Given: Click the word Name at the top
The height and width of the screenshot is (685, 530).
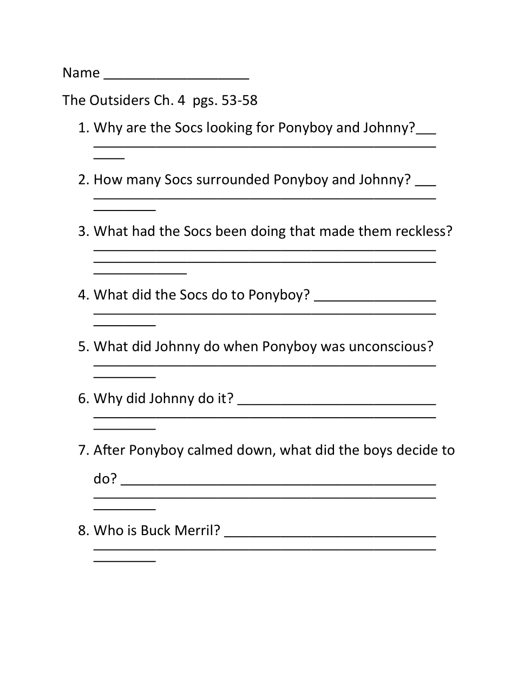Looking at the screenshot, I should coord(81,73).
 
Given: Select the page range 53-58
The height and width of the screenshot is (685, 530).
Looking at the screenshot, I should coord(240,100).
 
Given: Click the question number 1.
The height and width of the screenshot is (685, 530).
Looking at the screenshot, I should coord(83,128).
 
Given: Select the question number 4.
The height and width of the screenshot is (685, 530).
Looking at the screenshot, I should coord(83,295).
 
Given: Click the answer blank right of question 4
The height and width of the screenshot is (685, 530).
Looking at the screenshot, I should coord(375,299).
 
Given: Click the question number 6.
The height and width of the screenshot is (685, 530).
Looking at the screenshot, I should coord(83,399).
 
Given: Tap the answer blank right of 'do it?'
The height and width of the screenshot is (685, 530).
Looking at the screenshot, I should coord(337,403).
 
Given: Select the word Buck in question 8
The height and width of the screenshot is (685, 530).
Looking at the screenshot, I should coord(155,530).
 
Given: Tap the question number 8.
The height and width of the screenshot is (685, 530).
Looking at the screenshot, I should coord(83,530).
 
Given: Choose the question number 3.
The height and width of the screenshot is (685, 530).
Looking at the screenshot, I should coord(83,232).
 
